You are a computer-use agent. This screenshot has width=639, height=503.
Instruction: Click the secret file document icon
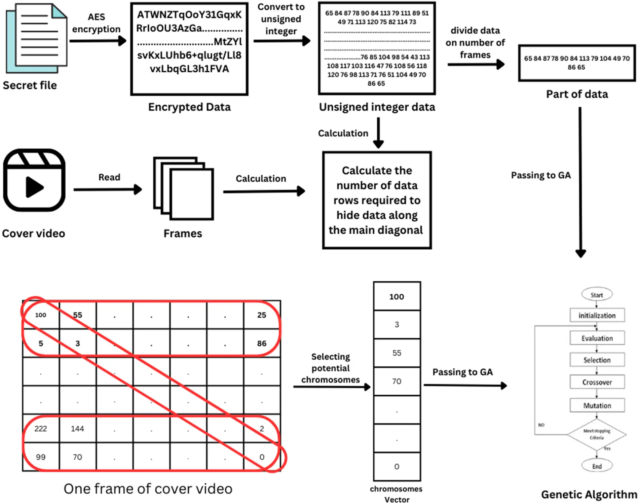37,38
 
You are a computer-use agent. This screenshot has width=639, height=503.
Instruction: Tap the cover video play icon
34,180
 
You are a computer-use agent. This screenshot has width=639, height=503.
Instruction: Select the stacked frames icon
183,188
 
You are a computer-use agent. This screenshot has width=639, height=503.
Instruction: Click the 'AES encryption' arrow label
96,23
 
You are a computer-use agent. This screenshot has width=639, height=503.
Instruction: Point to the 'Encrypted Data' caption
189,107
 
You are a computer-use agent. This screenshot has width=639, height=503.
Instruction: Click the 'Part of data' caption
577,94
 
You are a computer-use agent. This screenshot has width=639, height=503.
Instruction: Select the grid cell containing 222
41,429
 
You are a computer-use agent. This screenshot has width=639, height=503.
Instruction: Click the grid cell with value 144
77,429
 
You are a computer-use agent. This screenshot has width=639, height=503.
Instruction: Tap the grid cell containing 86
262,344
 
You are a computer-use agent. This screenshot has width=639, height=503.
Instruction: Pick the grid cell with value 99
41,457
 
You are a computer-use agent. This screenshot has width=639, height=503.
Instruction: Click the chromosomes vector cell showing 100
397,296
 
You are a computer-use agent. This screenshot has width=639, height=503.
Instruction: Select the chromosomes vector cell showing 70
397,381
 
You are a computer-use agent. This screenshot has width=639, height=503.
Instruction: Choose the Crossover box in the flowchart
597,382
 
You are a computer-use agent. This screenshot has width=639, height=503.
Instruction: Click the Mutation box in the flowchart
597,405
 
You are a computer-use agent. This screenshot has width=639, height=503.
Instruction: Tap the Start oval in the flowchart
597,295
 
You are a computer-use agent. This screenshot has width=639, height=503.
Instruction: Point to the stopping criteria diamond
597,434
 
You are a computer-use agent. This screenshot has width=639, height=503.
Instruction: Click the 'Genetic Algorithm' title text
589,494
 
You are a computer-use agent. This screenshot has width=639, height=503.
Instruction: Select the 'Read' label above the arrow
109,177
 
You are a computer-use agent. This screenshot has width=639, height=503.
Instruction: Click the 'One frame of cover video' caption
148,489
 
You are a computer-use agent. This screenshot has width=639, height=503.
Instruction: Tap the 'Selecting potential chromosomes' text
330,368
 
